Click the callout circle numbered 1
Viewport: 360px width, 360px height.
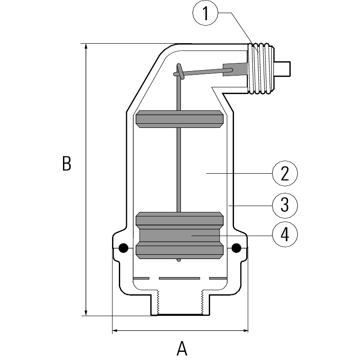(206, 13)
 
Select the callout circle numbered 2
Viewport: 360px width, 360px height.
(285, 173)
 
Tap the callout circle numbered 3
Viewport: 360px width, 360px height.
(285, 205)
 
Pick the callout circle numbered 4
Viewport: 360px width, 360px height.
(285, 234)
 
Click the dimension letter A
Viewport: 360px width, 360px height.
(182, 348)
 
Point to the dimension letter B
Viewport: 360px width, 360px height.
(67, 163)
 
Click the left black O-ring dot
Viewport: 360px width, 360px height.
(123, 248)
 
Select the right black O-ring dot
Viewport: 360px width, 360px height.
(237, 248)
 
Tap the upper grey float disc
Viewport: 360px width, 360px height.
(180, 119)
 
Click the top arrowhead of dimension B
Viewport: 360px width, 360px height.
(86, 46)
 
